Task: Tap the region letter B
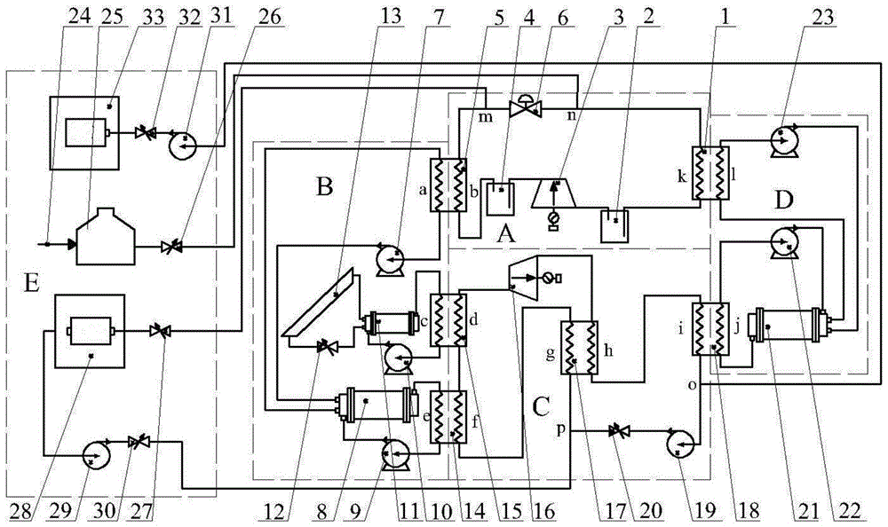pyautogui.click(x=322, y=188)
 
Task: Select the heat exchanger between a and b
pyautogui.click(x=448, y=185)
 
